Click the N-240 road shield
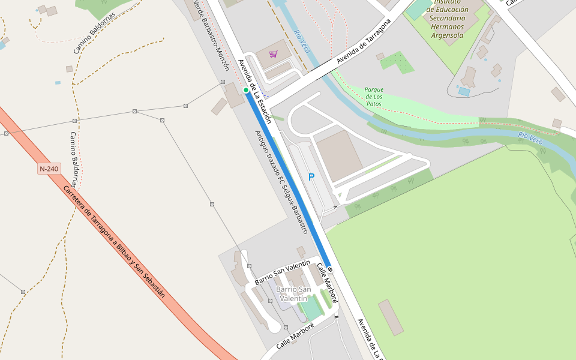pos(49,169)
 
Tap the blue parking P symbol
pos(311,177)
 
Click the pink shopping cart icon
pos(274,54)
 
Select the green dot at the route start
pos(246,90)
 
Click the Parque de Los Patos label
pos(374,97)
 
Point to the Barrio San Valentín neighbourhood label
pos(293,293)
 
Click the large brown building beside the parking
pos(339,156)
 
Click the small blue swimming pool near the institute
pos(464,92)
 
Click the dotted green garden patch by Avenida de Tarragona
pos(397,61)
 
